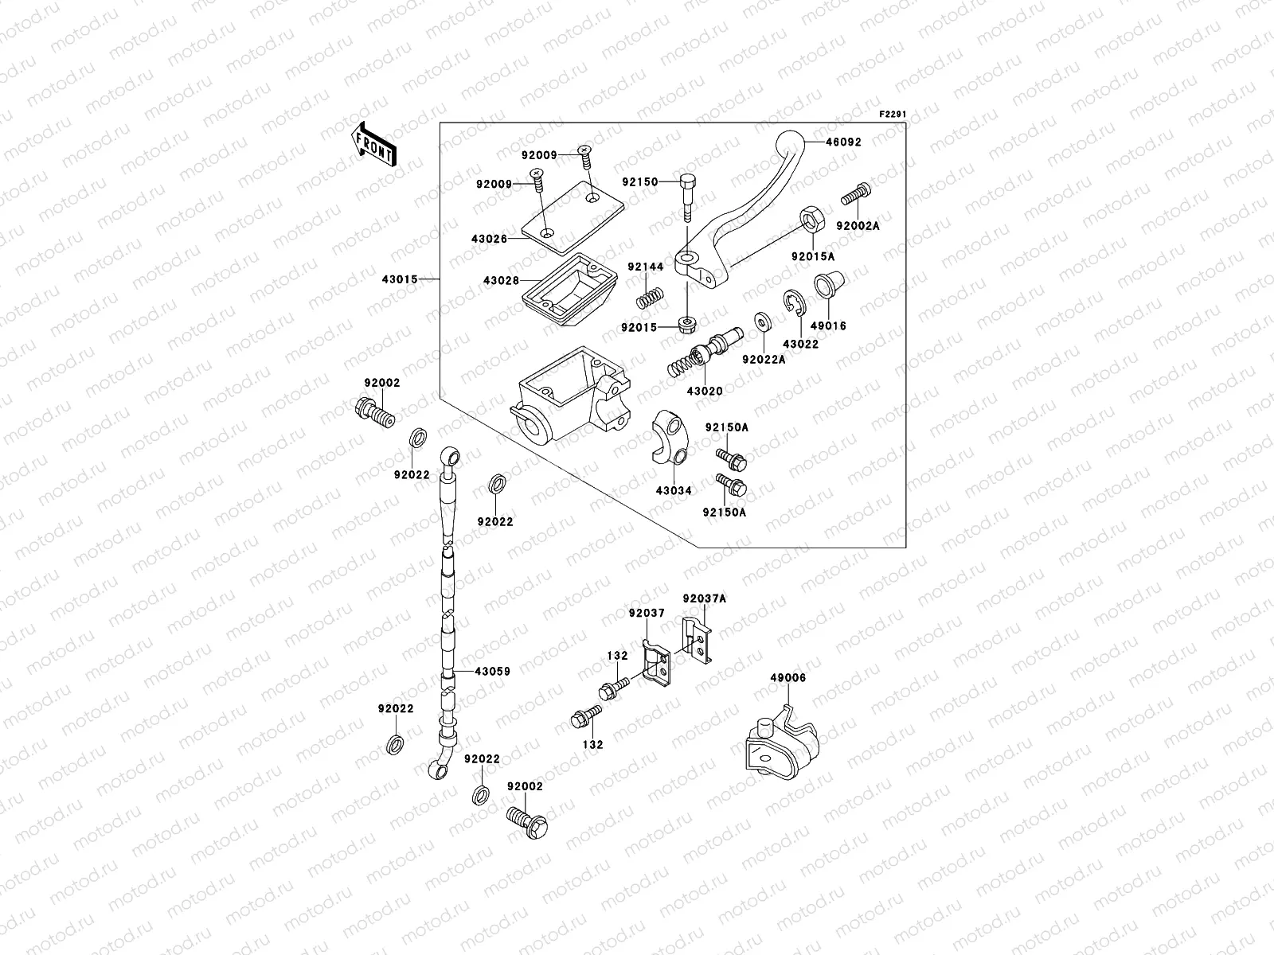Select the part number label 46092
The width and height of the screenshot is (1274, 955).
(x=843, y=142)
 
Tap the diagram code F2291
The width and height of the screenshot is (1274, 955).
(x=893, y=115)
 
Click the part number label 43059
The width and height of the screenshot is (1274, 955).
(x=492, y=672)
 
